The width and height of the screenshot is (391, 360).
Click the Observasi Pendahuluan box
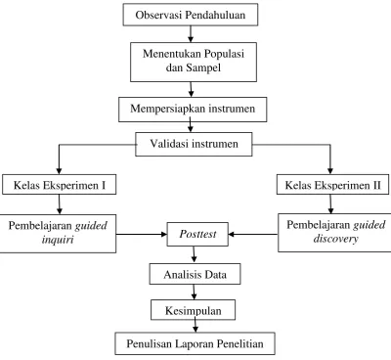pos(191,15)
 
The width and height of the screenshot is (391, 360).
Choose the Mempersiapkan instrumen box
pos(193,110)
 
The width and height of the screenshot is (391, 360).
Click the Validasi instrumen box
pos(194,144)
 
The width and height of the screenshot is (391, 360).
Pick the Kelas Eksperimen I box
pos(60,185)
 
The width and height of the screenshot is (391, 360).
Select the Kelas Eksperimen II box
pos(333,185)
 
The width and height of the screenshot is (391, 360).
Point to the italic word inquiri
pos(58,240)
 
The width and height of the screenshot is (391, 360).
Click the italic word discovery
pos(335,239)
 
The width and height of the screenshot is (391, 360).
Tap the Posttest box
pos(197,234)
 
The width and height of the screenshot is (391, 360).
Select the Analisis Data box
pos(195,274)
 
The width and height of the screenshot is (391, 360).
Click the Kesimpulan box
pos(193,310)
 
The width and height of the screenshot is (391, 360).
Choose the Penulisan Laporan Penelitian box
pos(195,343)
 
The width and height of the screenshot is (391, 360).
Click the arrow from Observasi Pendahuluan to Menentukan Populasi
pos(191,34)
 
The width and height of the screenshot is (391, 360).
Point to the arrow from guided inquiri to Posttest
pos(142,234)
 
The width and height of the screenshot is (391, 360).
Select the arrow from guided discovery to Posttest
pos(253,234)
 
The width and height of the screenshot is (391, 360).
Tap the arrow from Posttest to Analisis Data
pos(195,254)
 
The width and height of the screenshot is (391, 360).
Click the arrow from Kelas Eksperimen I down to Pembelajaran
pos(59,204)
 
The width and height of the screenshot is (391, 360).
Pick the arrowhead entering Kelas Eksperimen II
pos(330,170)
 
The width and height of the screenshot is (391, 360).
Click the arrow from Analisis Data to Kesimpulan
pos(195,292)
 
